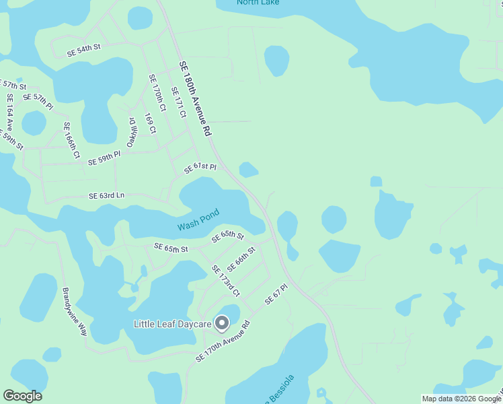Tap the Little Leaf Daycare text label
pyautogui.click(x=173, y=325)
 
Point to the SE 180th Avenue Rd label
pyautogui.click(x=195, y=97)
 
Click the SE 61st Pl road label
pyautogui.click(x=200, y=166)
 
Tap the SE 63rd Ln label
pyautogui.click(x=107, y=196)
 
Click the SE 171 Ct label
pyautogui.click(x=178, y=102)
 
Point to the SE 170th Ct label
pyautogui.click(x=157, y=92)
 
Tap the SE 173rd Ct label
pyautogui.click(x=225, y=281)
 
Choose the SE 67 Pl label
pyautogui.click(x=276, y=295)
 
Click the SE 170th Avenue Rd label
pyautogui.click(x=223, y=341)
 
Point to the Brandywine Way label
pyautogui.click(x=75, y=312)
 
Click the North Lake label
pyautogui.click(x=258, y=3)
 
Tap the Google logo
pyautogui.click(x=22, y=396)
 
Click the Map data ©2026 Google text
pyautogui.click(x=460, y=399)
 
